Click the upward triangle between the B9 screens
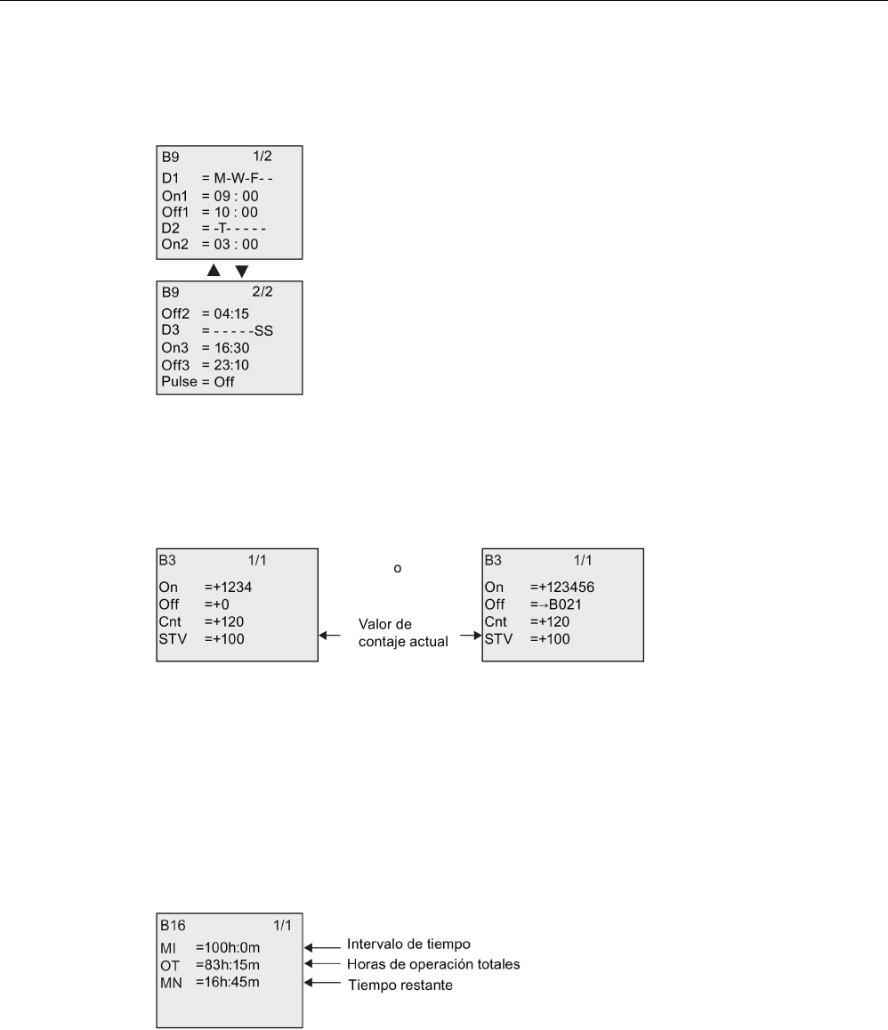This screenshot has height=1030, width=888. (213, 269)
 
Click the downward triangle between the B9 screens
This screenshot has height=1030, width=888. (241, 269)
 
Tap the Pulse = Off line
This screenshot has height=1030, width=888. (198, 382)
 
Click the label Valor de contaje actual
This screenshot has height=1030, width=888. (400, 631)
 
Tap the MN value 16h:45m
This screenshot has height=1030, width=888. (229, 981)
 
